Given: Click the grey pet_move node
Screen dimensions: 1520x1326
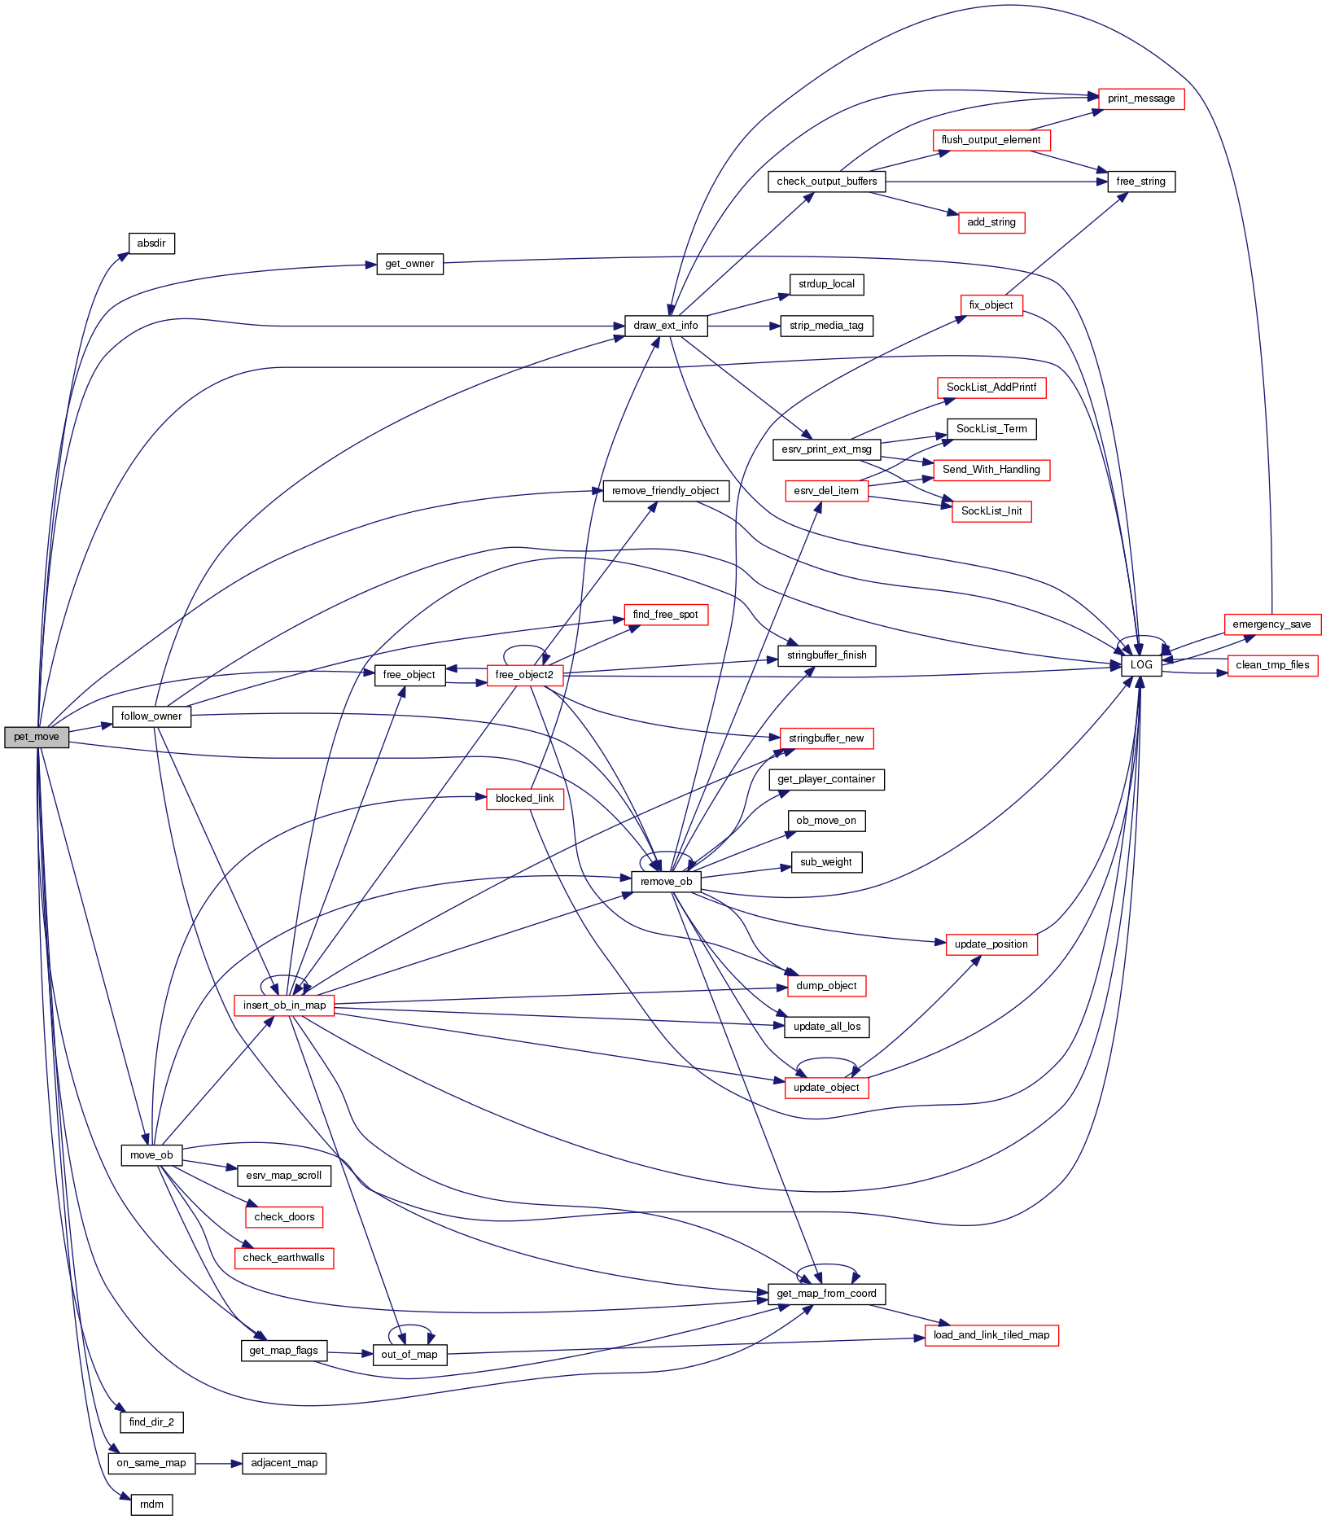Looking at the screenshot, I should point(37,737).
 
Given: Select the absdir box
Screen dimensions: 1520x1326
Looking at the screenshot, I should point(151,243).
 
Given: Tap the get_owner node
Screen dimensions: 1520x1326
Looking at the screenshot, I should point(409,264).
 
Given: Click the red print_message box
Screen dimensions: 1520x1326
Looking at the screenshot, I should point(1140,99).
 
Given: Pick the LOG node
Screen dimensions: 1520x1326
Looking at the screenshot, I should point(1141,665).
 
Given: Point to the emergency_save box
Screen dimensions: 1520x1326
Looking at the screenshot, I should point(1271,624).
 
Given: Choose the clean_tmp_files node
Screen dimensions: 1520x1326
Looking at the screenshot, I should point(1272,665).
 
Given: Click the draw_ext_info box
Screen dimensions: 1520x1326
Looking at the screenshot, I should point(666,326).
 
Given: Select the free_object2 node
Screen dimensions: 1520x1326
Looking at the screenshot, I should point(524,675).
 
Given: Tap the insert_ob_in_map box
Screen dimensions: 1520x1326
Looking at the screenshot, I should point(284,1005).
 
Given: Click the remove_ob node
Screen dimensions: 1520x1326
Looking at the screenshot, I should point(666,882).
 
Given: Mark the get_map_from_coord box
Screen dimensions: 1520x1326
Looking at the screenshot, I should point(826,1294).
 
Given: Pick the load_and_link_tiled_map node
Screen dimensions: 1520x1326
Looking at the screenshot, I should point(991,1335).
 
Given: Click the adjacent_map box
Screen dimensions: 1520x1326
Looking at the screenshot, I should point(284,1463).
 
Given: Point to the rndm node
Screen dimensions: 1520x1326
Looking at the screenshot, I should point(151,1505).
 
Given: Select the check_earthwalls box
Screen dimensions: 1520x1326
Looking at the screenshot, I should point(283,1258).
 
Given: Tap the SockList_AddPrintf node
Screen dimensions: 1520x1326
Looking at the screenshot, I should point(991,388).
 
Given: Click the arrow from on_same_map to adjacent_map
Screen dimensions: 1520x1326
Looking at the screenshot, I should point(218,1463).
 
